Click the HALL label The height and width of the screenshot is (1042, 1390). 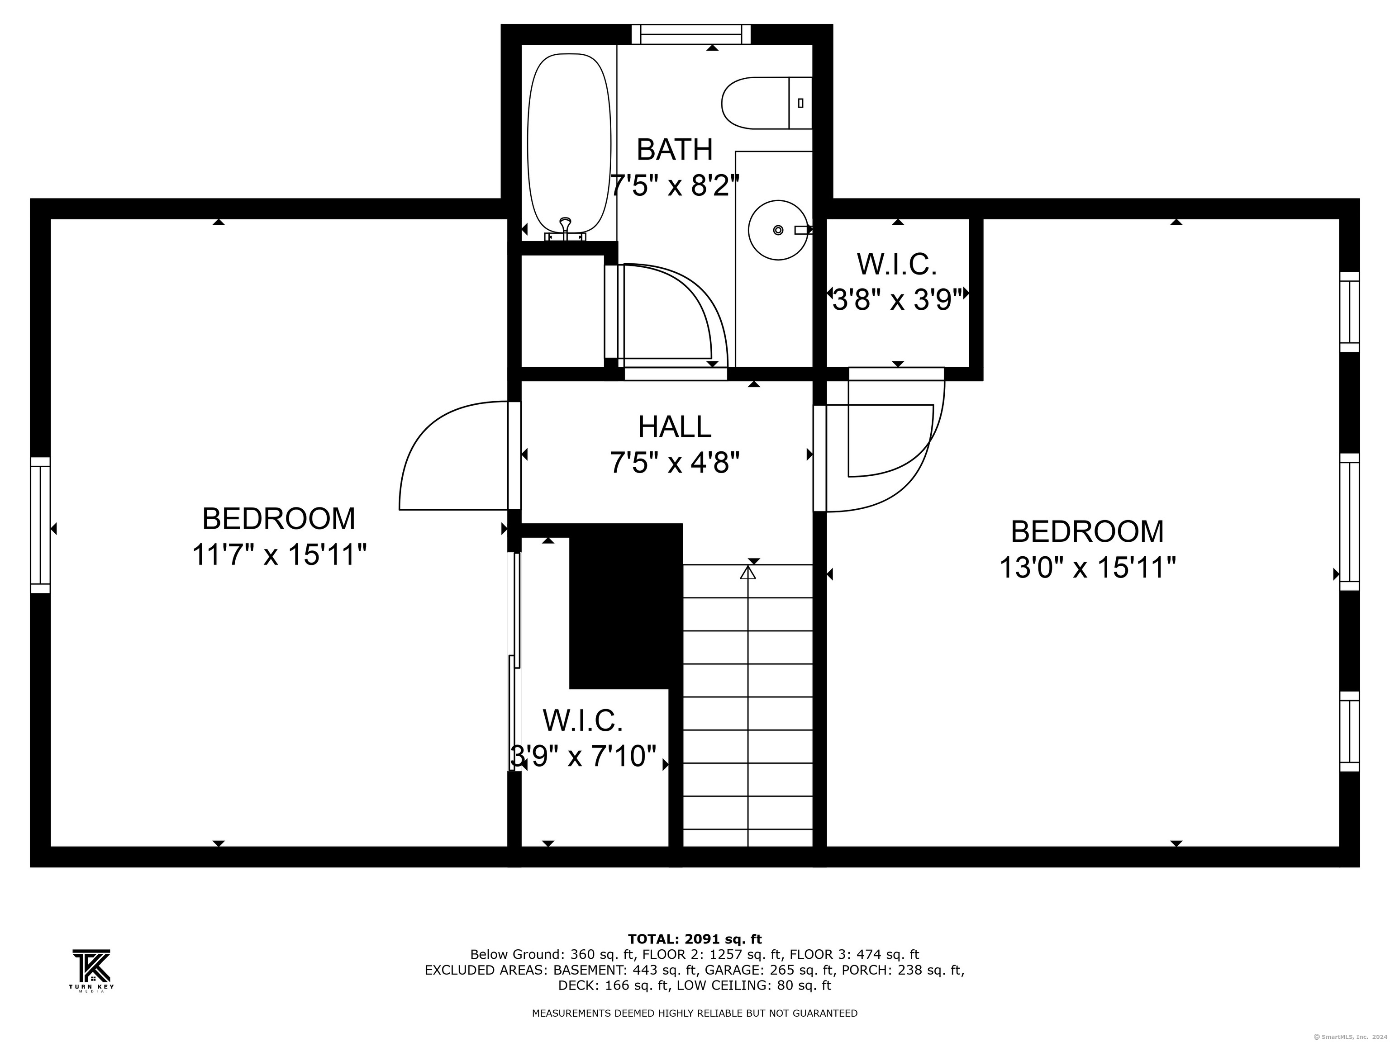(x=675, y=426)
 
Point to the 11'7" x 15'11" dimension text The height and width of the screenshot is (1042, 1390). (x=279, y=554)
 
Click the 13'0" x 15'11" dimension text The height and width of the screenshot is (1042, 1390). (x=1087, y=568)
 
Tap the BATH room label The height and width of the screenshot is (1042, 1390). (x=675, y=150)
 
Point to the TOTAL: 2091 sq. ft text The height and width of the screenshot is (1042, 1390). (x=695, y=939)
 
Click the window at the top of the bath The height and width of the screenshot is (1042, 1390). (x=691, y=34)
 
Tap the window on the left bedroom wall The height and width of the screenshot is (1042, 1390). (x=40, y=525)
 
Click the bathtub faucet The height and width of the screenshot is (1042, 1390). (x=566, y=230)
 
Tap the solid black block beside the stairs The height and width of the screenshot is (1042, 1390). (x=626, y=606)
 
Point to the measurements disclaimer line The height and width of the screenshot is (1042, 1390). (x=695, y=1013)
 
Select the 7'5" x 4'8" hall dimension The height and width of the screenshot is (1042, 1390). (x=675, y=464)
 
